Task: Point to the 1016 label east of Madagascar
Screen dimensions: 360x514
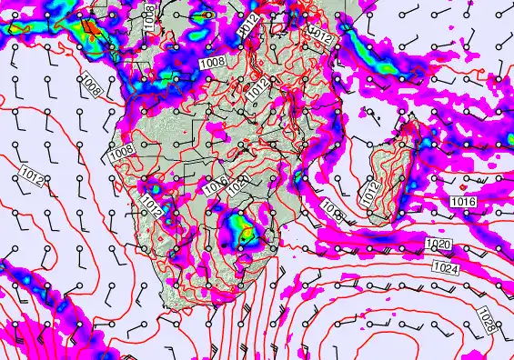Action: (462, 200)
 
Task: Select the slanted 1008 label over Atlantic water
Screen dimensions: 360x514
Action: (90, 86)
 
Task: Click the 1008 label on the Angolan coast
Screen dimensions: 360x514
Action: (121, 149)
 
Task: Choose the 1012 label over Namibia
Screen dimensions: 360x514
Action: (151, 209)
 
